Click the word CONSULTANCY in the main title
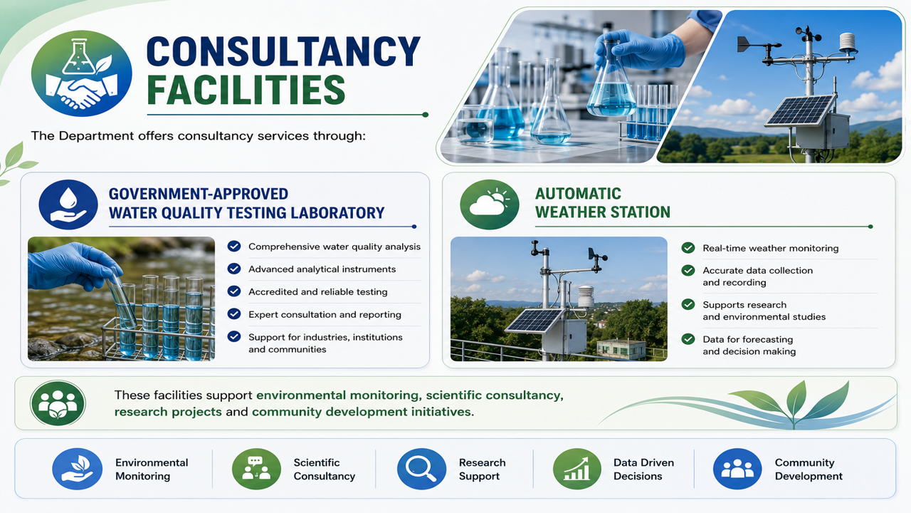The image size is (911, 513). tap(283, 51)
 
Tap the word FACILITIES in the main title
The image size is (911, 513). tap(246, 90)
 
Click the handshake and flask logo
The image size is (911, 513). tap(82, 73)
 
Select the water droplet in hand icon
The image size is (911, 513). tap(68, 204)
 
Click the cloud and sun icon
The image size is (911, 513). tap(490, 204)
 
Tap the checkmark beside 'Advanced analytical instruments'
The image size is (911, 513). tap(234, 269)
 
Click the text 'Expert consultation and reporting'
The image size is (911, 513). tap(325, 314)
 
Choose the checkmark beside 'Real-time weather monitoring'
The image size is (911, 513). tap(688, 247)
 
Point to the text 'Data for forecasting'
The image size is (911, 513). tap(747, 339)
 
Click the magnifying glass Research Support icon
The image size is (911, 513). tap(421, 469)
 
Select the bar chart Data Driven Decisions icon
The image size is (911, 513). tap(576, 469)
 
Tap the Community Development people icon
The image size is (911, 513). tap(737, 469)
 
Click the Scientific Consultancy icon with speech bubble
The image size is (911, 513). tap(256, 469)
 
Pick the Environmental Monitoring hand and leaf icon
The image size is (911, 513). tap(77, 469)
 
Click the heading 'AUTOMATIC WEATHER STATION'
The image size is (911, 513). tap(602, 203)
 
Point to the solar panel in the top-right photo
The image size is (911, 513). tap(800, 110)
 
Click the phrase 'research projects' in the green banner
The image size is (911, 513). tap(168, 412)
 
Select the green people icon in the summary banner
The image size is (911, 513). tap(58, 403)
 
